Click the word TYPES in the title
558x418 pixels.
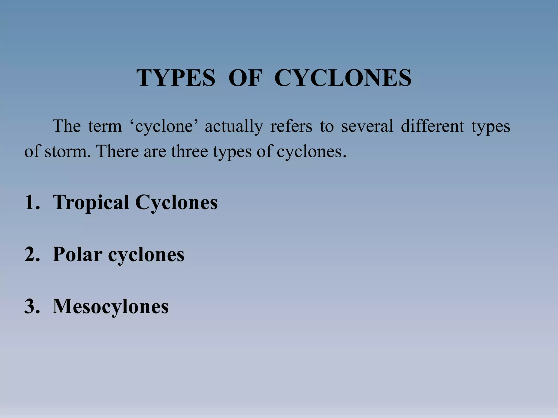176,78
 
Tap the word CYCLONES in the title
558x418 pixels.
343,78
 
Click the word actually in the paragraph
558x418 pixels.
234,127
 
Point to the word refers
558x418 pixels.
291,127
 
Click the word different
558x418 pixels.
432,127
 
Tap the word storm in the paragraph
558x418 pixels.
67,152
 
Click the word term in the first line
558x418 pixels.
105,127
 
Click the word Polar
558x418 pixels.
77,254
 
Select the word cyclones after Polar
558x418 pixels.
146,254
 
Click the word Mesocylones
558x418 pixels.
110,306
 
